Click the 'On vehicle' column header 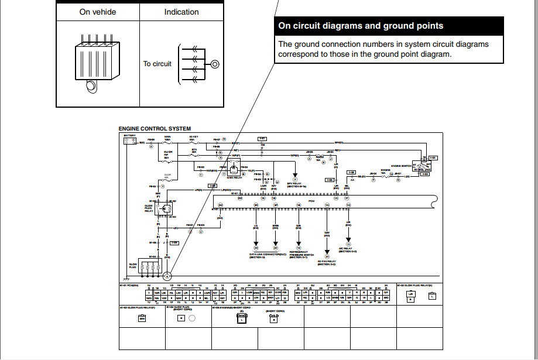point(97,12)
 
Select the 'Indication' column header point(181,12)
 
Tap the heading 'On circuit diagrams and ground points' point(361,26)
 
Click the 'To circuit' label point(157,64)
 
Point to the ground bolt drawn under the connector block point(91,87)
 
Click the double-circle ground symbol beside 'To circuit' point(215,64)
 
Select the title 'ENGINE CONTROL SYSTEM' point(155,129)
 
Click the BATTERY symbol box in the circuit point(129,140)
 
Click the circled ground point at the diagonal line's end point(167,276)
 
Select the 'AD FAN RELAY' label point(327,262)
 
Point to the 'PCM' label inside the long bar point(312,201)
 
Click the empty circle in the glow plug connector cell point(191,318)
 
